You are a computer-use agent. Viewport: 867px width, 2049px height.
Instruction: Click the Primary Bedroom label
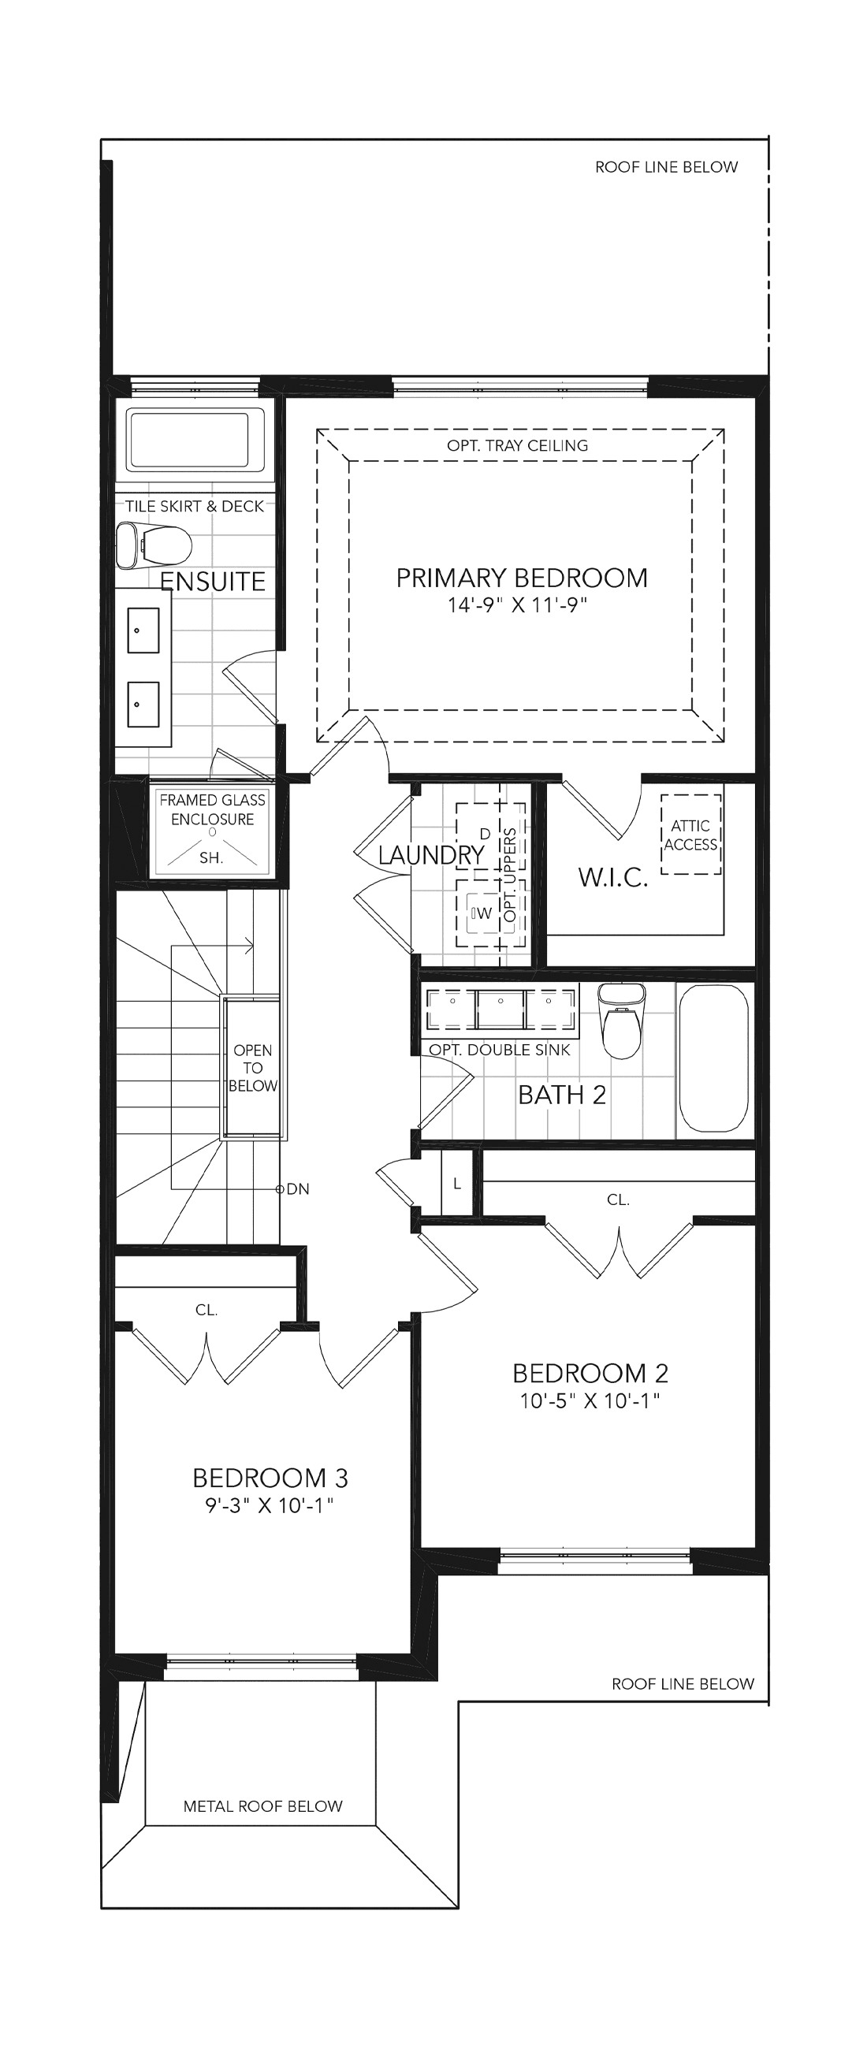tap(522, 578)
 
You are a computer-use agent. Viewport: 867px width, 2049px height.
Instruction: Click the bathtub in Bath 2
tap(714, 1058)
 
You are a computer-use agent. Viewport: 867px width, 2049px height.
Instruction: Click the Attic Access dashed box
tap(691, 835)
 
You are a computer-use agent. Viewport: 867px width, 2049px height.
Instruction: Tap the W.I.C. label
tap(612, 877)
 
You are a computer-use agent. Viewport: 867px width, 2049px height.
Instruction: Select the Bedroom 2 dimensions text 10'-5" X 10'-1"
tap(590, 1400)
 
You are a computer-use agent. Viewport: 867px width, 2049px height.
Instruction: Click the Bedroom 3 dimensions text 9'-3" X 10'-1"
tap(270, 1506)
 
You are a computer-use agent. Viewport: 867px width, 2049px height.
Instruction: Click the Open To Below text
tap(253, 1069)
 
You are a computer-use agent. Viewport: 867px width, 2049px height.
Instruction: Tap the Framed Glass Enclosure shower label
tap(212, 809)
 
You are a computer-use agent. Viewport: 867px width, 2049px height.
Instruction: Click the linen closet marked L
tap(456, 1184)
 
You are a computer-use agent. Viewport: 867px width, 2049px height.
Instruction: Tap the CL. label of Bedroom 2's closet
tap(618, 1199)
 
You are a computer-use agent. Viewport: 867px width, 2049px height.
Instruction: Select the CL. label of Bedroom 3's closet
tap(207, 1309)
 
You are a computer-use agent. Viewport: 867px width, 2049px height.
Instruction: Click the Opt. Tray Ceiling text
tap(518, 445)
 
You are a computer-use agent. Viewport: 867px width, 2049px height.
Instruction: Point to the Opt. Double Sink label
tap(500, 1050)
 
